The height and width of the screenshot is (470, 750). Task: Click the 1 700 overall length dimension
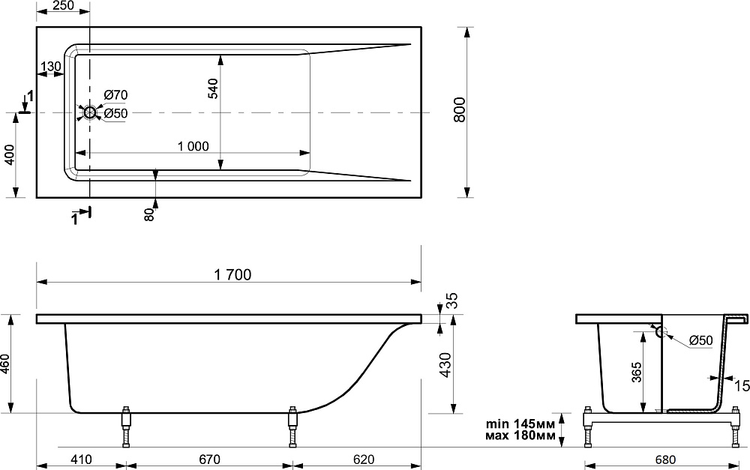click(232, 274)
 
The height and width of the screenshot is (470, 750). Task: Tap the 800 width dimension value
click(459, 109)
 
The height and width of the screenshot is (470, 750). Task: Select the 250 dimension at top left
click(63, 5)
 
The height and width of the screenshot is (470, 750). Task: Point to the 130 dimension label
click(52, 67)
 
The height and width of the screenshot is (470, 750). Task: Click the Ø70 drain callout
click(115, 94)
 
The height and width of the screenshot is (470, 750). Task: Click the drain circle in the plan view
click(90, 112)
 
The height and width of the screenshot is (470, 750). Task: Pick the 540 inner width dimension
click(213, 88)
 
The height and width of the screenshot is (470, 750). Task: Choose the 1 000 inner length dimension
click(193, 146)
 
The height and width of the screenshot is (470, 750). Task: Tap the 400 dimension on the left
click(10, 154)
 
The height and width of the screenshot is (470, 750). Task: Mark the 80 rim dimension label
click(150, 214)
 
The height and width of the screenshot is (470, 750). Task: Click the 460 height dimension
click(6, 364)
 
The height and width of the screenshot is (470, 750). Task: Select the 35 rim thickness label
click(452, 300)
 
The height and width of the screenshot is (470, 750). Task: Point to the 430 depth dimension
click(445, 365)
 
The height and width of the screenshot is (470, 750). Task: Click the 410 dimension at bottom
click(81, 460)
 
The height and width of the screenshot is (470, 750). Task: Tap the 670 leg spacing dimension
click(209, 460)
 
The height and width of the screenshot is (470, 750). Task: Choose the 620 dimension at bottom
click(364, 460)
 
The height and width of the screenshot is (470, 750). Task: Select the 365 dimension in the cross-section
click(637, 373)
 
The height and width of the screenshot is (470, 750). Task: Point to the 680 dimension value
click(665, 460)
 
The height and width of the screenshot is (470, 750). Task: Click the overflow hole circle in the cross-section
click(661, 331)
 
